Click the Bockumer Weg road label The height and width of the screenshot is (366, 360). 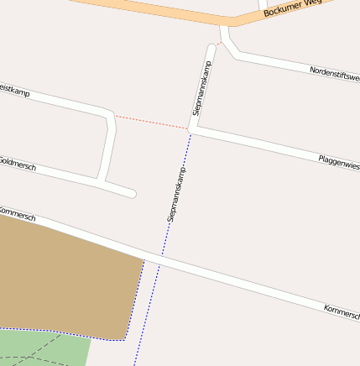pyautogui.click(x=293, y=8)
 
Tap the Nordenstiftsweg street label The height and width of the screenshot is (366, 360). pyautogui.click(x=334, y=75)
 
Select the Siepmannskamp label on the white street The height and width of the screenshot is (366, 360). pyautogui.click(x=201, y=88)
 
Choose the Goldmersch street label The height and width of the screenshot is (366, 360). pyautogui.click(x=17, y=163)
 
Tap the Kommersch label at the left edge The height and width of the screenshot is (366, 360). pyautogui.click(x=17, y=213)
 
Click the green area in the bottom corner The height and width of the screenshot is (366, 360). pyautogui.click(x=42, y=348)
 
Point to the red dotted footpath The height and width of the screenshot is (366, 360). pyautogui.click(x=151, y=123)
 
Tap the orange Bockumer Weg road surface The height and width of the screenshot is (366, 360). pyautogui.click(x=168, y=11)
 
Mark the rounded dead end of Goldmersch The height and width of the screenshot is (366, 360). pyautogui.click(x=131, y=193)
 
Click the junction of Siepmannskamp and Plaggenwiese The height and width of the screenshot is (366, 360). pyautogui.click(x=191, y=130)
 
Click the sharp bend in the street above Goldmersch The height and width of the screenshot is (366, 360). pyautogui.click(x=109, y=115)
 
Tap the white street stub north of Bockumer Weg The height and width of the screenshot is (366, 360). pyautogui.click(x=263, y=7)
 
